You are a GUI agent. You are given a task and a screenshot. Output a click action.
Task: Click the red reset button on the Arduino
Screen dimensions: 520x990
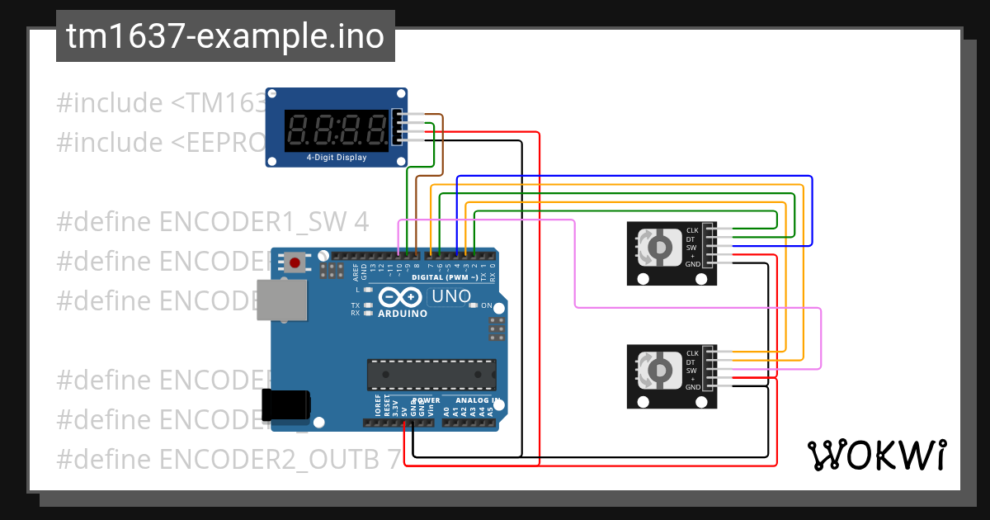[295, 263]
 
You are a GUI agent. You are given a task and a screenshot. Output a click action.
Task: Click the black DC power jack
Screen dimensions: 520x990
[285, 404]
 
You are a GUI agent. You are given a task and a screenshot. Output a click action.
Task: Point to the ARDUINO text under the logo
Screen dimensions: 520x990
[403, 314]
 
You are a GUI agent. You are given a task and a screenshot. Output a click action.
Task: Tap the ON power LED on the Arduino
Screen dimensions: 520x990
[474, 305]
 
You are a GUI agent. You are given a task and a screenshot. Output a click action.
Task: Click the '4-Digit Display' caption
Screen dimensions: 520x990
[337, 158]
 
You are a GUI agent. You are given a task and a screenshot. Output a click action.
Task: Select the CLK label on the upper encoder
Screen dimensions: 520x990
[691, 230]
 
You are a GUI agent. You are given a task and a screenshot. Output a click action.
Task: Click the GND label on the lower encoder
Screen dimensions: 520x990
[691, 387]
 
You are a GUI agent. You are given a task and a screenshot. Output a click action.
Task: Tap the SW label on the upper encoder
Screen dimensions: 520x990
[691, 247]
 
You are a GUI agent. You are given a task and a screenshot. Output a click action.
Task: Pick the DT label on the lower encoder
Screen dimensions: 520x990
[691, 362]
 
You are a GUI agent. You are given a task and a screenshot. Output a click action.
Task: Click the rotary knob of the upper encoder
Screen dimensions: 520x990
[660, 248]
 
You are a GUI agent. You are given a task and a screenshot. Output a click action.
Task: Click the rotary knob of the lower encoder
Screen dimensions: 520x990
[660, 371]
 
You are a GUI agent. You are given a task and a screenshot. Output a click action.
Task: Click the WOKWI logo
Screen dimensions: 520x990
[876, 455]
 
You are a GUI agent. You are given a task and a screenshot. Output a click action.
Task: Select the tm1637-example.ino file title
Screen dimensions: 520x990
[225, 37]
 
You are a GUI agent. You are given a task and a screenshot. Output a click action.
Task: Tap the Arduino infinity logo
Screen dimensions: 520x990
[402, 297]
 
